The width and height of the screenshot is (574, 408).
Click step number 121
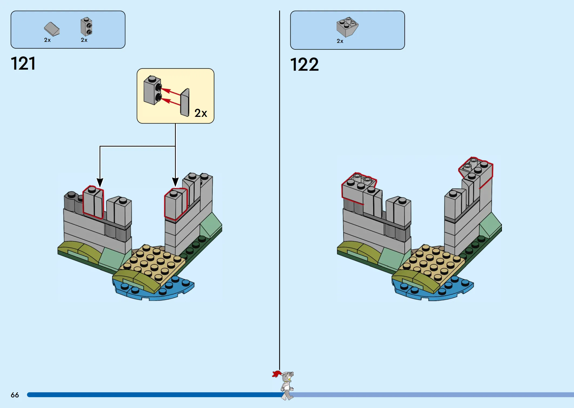[x=23, y=64]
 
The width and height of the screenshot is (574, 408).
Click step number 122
[x=304, y=65]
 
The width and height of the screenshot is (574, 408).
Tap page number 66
[x=15, y=395]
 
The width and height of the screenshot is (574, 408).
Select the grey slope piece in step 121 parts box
[x=52, y=29]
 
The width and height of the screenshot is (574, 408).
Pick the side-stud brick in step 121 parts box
[x=86, y=27]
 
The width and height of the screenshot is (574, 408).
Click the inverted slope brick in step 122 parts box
[x=347, y=26]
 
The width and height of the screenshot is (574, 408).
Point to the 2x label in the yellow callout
[x=201, y=113]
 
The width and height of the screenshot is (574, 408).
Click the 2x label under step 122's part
[x=340, y=41]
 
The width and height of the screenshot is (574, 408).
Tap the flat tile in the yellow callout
[x=185, y=103]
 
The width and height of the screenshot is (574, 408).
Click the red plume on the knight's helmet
[x=276, y=374]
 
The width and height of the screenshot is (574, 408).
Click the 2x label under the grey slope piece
[x=47, y=40]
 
